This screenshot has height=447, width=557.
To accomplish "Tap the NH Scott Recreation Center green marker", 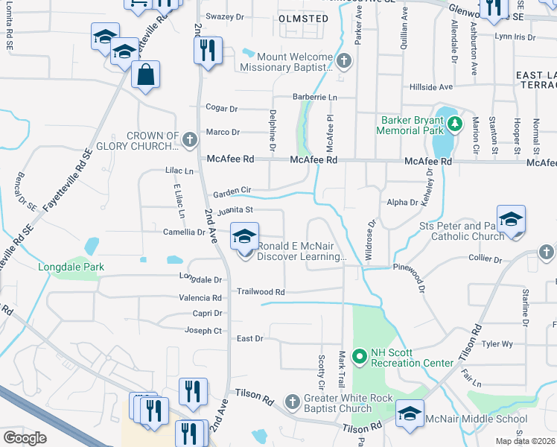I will (x=358, y=357).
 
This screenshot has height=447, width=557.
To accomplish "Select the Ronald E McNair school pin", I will (x=244, y=238).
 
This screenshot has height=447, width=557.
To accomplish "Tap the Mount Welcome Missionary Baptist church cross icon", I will (x=343, y=60).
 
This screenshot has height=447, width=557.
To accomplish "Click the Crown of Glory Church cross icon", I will (x=190, y=139).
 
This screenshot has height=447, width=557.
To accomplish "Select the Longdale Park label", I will (x=71, y=267).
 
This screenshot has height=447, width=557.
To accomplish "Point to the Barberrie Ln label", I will (x=314, y=98).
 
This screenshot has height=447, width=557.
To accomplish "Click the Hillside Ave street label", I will (x=431, y=87).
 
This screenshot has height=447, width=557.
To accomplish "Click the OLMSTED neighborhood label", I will (x=302, y=18).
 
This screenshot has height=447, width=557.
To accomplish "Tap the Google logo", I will (x=25, y=438).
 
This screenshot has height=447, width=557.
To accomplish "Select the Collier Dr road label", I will (x=487, y=259).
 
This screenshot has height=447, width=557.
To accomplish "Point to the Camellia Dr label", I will (x=184, y=232).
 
